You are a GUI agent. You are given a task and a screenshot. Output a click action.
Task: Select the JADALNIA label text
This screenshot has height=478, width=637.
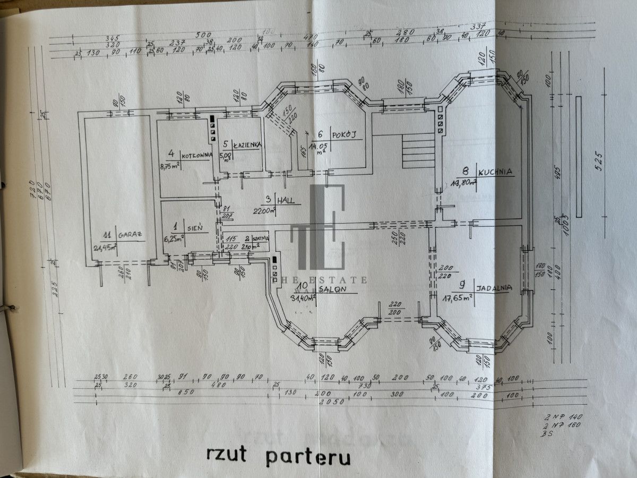(494, 288)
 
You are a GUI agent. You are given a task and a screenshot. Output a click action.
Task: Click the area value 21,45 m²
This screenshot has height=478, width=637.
(106, 247)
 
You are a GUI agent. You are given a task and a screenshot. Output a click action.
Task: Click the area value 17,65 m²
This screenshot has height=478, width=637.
(458, 298)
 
